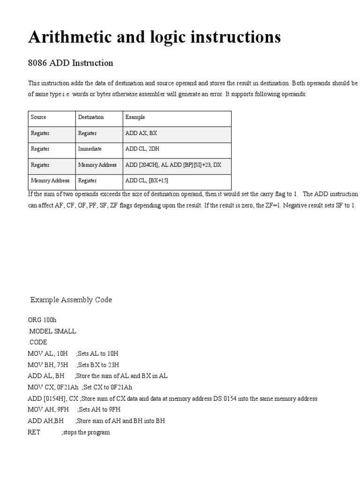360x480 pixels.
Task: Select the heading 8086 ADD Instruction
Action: point(71,63)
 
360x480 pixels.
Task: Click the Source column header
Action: point(38,117)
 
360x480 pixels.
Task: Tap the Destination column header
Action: point(91,117)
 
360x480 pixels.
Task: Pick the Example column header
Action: point(135,117)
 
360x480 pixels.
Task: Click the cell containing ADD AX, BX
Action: point(141,133)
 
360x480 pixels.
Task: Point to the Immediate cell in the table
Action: point(90,149)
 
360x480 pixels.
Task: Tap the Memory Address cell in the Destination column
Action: point(97,165)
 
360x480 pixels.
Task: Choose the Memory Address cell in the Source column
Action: point(50,180)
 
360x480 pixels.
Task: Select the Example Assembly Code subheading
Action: point(71,300)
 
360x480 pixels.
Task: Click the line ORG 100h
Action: point(42,320)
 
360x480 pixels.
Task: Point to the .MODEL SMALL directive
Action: point(52,331)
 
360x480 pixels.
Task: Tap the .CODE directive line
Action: point(37,343)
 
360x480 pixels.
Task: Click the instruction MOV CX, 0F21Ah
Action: point(53,388)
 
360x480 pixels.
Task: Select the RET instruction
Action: point(34,433)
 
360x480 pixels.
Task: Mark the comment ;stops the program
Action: point(85,433)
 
